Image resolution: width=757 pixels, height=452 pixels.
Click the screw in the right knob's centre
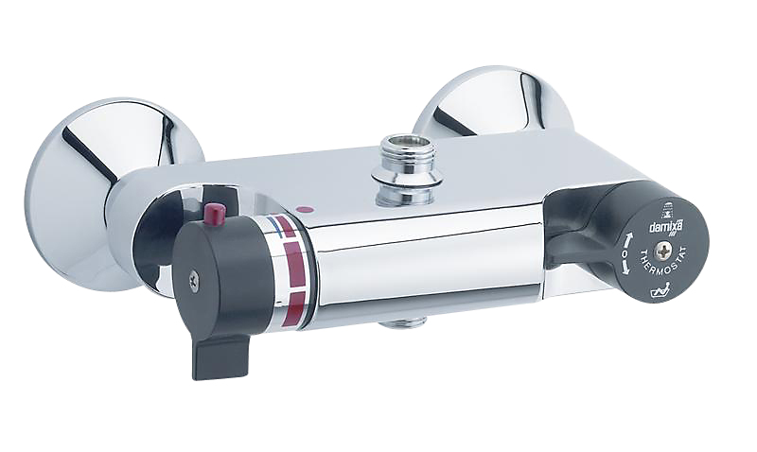coord(661,252)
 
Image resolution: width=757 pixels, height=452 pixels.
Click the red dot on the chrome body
coord(304,210)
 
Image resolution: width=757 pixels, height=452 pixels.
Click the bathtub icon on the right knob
coord(659,292)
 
